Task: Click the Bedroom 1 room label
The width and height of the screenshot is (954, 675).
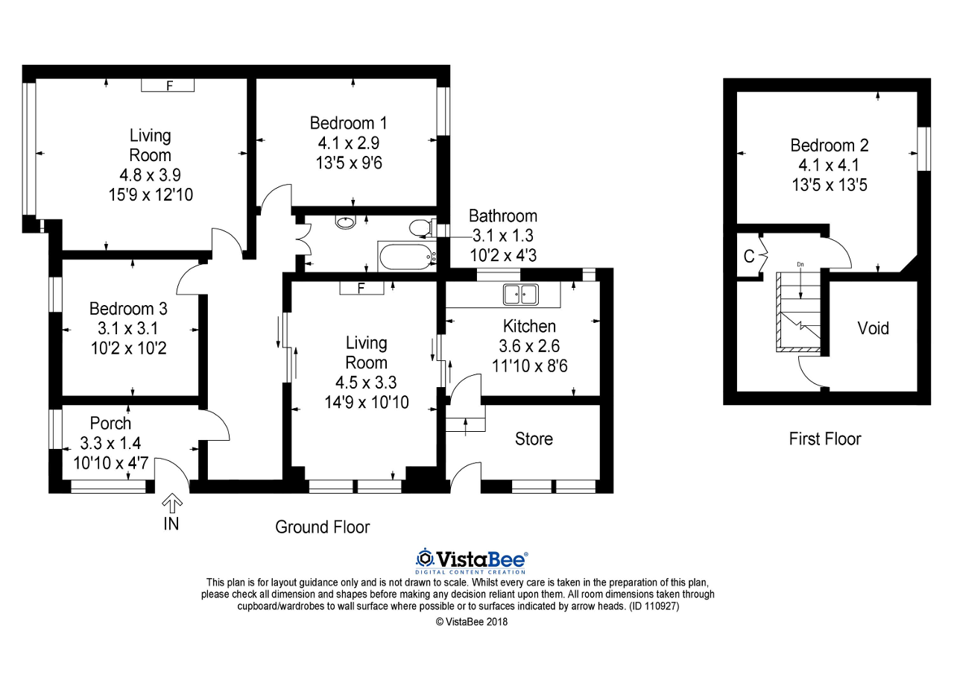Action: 348,123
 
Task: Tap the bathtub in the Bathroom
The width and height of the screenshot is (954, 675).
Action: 407,257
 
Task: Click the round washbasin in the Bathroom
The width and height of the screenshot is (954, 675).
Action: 347,222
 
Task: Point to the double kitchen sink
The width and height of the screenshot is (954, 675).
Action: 521,295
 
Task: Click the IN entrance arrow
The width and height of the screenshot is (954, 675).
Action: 171,503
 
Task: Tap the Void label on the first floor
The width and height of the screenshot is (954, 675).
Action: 873,328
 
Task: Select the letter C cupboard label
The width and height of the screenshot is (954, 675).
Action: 748,257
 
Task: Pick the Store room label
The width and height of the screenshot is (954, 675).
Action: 534,439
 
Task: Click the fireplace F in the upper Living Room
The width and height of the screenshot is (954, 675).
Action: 168,86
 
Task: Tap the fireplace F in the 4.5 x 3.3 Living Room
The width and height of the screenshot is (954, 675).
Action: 361,288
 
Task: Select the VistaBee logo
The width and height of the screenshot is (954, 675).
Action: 472,559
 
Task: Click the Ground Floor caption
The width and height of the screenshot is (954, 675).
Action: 322,527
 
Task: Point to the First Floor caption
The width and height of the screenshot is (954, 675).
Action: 824,439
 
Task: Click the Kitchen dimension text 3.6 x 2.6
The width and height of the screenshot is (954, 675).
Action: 529,346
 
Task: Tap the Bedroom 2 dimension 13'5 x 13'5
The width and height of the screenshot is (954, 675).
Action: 830,184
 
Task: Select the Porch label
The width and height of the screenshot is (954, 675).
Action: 110,424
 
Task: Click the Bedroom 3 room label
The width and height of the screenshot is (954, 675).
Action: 128,308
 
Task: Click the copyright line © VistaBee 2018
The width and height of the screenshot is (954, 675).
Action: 471,621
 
